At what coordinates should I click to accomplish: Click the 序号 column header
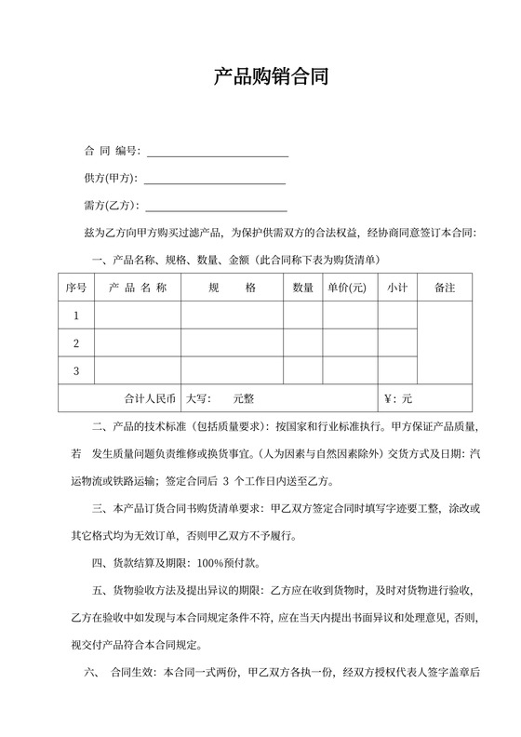[x=76, y=288]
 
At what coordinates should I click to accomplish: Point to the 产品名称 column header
[x=138, y=288]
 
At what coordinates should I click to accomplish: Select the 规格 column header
[x=232, y=288]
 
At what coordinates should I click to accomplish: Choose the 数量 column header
[x=303, y=288]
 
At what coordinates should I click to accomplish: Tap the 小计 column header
[x=397, y=288]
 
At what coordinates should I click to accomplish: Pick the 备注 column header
[x=445, y=288]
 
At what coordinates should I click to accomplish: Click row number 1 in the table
[x=76, y=316]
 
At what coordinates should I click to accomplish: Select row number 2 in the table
[x=76, y=343]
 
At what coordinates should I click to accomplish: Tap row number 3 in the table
[x=76, y=371]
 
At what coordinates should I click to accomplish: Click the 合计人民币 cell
[x=150, y=398]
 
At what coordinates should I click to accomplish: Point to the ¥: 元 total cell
[x=398, y=398]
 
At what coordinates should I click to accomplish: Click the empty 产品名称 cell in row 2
[x=138, y=343]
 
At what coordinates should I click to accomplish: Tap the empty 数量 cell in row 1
[x=303, y=316]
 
